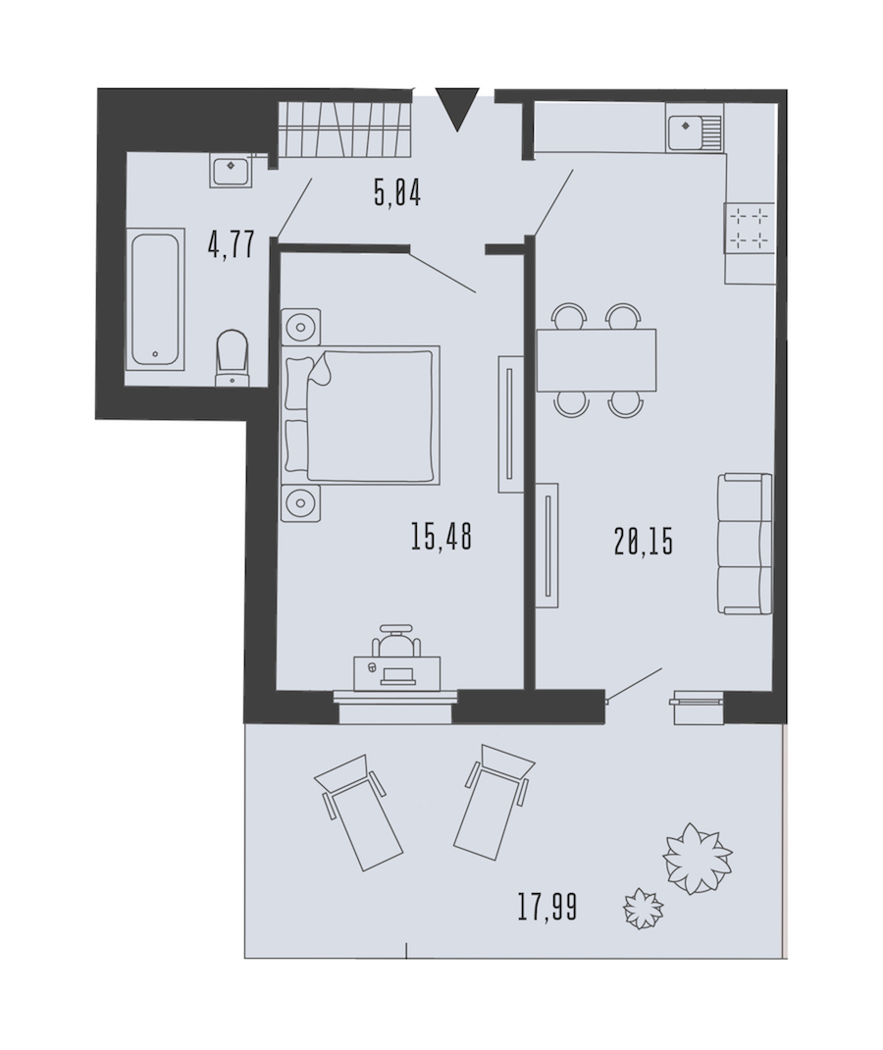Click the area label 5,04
(397, 194)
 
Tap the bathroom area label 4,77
(232, 244)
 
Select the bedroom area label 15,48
(441, 537)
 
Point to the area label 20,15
(643, 541)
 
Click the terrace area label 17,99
(546, 908)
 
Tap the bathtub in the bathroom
(155, 298)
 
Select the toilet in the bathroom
(233, 357)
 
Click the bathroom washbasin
(231, 170)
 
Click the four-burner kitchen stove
(750, 229)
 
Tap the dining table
(597, 360)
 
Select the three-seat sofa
(745, 544)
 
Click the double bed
(361, 415)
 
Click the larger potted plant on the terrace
(697, 859)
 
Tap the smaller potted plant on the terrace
(643, 908)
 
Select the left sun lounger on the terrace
(357, 813)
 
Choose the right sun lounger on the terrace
(493, 800)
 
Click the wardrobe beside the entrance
(343, 128)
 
